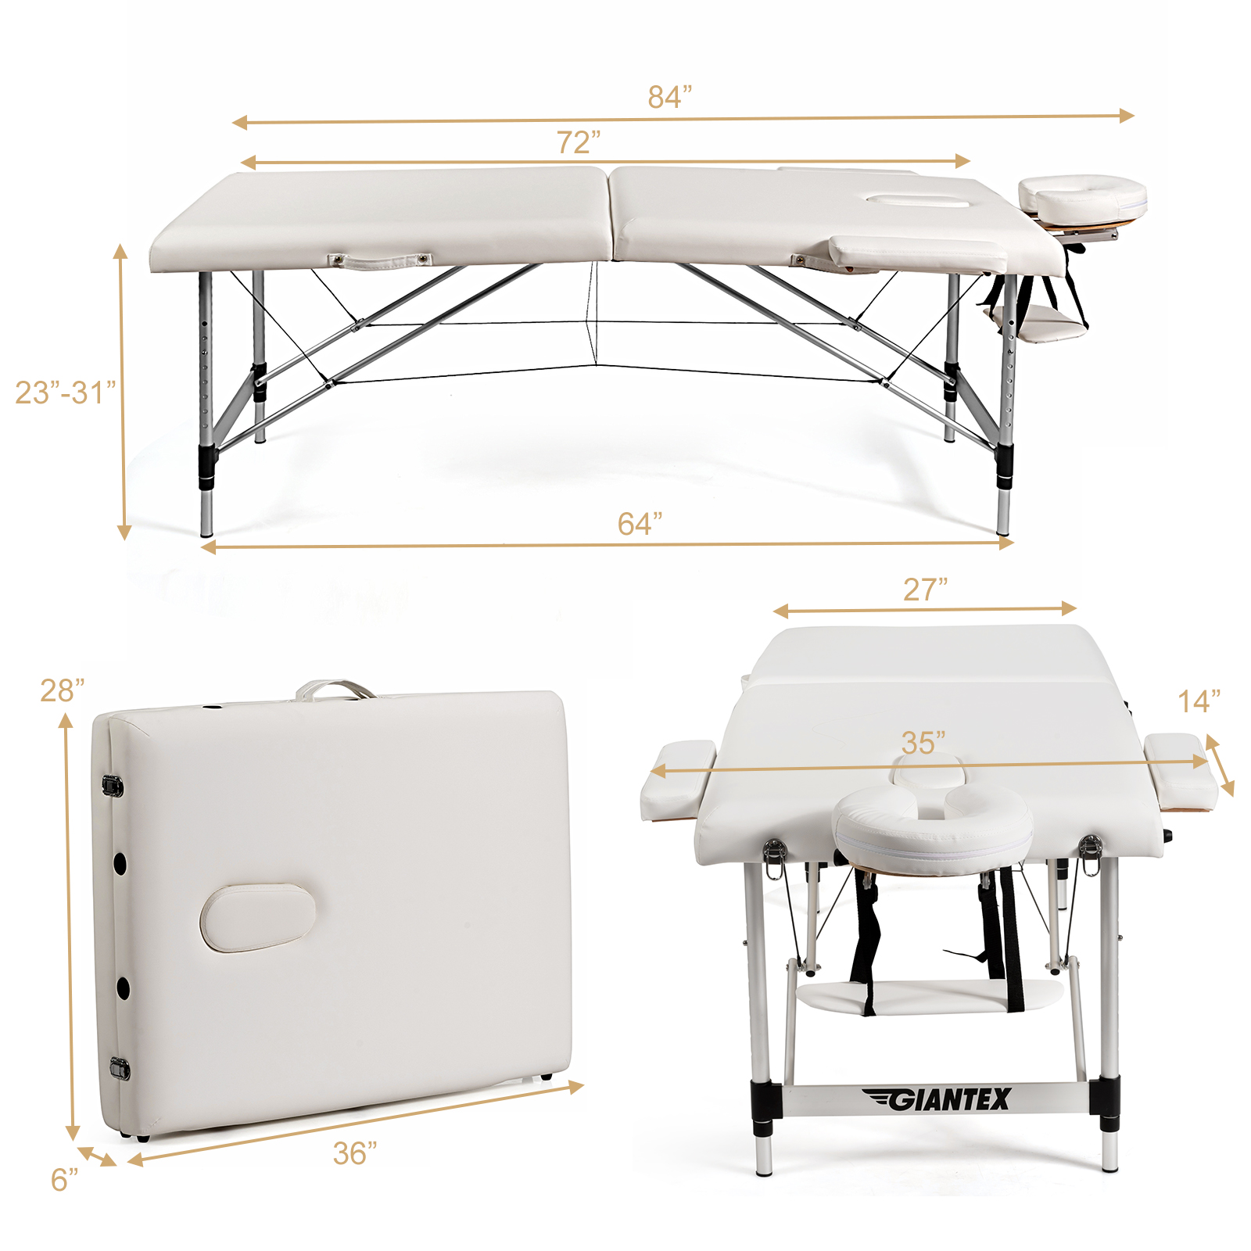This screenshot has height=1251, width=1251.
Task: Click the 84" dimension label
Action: coord(670,96)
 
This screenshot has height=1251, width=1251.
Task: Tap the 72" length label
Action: coord(579,142)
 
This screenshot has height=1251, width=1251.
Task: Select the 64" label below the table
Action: coord(640,523)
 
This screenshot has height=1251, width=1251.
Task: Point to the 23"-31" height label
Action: coord(66,392)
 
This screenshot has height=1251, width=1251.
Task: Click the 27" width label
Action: coord(925,590)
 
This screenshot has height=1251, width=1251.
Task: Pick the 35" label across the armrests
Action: coord(923,742)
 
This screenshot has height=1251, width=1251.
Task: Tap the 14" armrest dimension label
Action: coord(1199,701)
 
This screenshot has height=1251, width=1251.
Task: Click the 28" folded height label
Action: coord(63,690)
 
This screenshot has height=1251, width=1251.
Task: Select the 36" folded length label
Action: coord(355,1153)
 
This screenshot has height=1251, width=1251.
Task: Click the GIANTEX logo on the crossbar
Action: coord(937,1099)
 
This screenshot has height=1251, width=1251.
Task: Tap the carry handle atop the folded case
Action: coord(335,689)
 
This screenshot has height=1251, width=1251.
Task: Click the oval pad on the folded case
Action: coord(258,917)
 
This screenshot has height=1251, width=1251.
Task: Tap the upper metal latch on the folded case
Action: coord(113,785)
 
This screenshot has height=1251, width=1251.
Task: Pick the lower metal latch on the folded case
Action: coord(120,1068)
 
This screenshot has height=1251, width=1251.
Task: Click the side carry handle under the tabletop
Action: coord(380,261)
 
